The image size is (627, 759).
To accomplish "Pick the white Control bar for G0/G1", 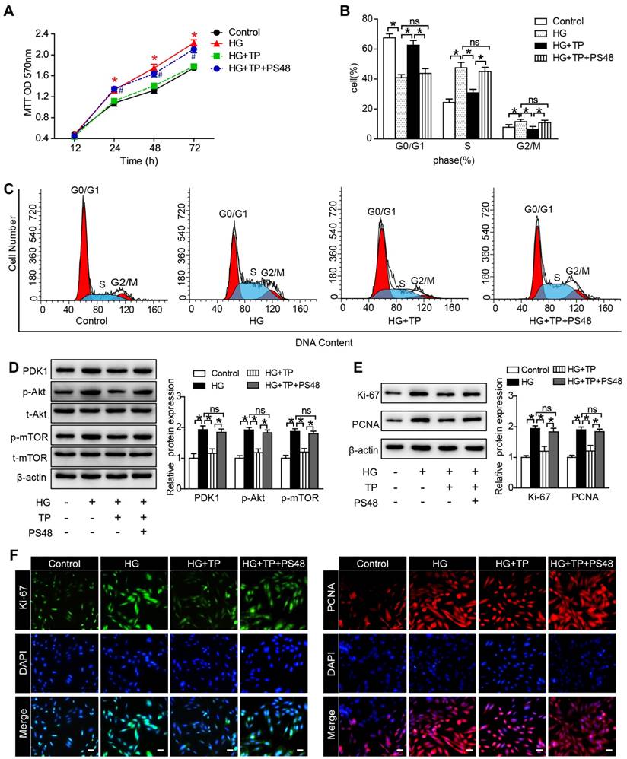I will pos(389,87).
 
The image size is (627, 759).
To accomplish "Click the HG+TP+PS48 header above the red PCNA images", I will pos(581,563).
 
